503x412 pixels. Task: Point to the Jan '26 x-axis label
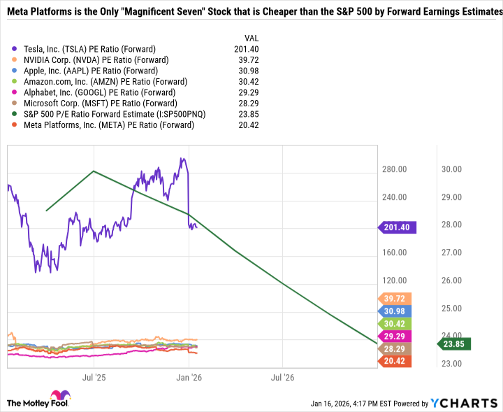click(188, 377)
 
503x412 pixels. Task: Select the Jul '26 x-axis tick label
click(282, 377)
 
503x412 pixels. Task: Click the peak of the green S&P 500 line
click(94, 171)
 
